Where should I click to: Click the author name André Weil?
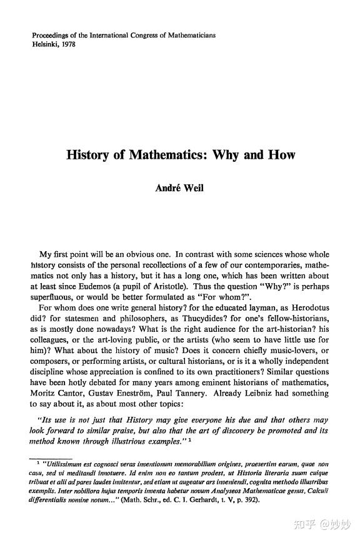pos(180,186)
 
